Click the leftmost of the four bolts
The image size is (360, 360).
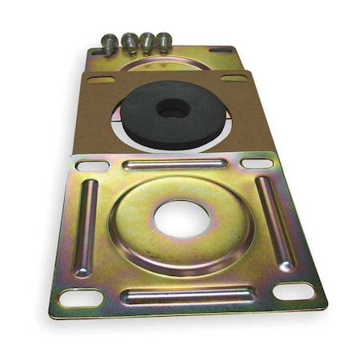[x=110, y=42]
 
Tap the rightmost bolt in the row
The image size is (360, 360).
[x=163, y=40]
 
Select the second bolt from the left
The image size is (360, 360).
[x=129, y=41]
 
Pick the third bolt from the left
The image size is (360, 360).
[x=146, y=41]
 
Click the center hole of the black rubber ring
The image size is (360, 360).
[x=173, y=108]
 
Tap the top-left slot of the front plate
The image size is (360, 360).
[x=94, y=166]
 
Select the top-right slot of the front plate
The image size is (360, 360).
[x=256, y=163]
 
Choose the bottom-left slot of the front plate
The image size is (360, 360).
[x=82, y=298]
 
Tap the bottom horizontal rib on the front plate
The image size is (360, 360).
[x=187, y=296]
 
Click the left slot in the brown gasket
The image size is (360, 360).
[x=101, y=79]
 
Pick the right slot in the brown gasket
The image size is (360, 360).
[x=234, y=78]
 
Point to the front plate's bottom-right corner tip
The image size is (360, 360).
[x=325, y=306]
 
